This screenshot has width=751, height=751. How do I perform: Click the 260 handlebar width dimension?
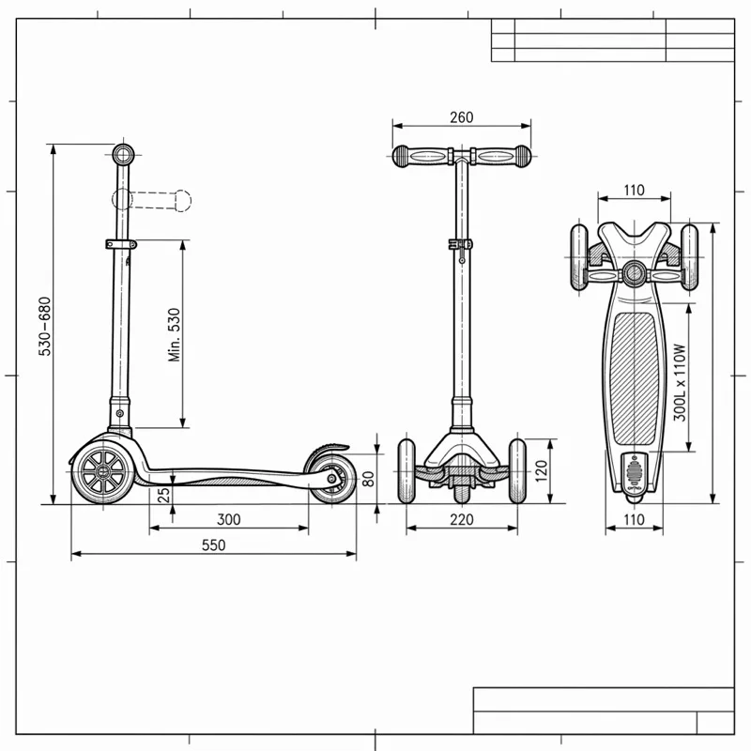(461, 117)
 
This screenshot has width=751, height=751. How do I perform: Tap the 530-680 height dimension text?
(44, 327)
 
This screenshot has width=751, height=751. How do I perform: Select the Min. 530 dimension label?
(175, 335)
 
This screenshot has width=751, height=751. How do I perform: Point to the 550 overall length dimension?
(213, 545)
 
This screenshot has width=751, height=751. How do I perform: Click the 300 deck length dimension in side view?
(228, 520)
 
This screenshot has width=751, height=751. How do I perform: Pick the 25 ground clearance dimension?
(163, 495)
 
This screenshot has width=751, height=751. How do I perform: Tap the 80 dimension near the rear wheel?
(368, 479)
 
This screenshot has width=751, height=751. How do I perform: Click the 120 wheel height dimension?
(541, 471)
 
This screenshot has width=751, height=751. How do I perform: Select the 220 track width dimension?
(462, 520)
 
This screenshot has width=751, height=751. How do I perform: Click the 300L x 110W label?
(680, 383)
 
